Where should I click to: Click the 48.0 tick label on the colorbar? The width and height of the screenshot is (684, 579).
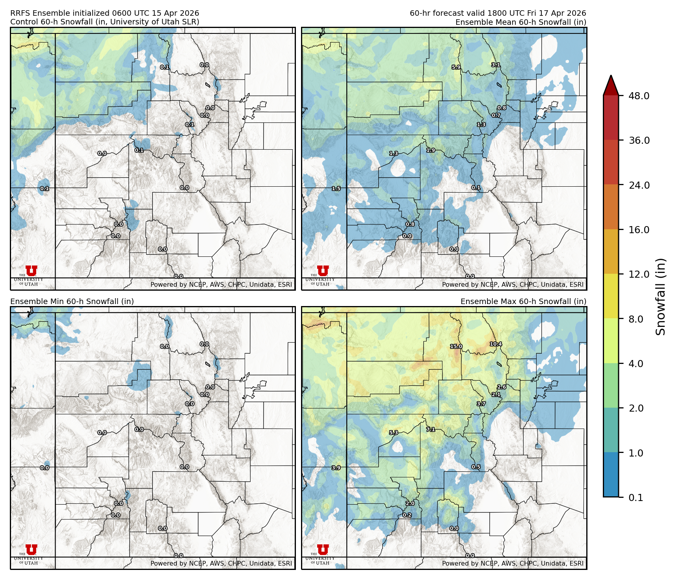pos(639,96)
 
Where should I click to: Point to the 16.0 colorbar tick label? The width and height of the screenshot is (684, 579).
pos(639,230)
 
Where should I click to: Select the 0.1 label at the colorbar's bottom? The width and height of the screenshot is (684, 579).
pos(636,497)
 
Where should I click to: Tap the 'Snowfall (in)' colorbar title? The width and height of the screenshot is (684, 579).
pos(660,296)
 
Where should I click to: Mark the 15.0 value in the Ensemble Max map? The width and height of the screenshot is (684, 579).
pos(456,347)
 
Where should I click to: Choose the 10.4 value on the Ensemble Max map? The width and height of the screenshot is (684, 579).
pos(496,344)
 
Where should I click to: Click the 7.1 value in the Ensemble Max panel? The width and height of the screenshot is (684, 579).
pos(431,429)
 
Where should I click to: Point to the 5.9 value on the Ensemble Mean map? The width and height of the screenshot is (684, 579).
pos(456,67)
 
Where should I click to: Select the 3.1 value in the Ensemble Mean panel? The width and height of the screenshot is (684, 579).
pos(496,65)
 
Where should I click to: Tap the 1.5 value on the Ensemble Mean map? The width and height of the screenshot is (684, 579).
pos(336,189)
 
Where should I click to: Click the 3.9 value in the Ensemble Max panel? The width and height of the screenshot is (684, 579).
pos(336,468)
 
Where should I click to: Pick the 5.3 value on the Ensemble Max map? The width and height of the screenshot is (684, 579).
pos(394,432)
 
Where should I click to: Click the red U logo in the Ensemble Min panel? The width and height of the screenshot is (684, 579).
pos(32,549)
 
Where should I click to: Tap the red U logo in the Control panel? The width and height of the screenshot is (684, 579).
pos(32,271)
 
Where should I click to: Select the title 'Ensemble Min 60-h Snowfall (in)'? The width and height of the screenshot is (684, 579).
pos(72,301)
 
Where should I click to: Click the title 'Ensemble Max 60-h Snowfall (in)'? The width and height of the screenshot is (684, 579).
pos(523,301)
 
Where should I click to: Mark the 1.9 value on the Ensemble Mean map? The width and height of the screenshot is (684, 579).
pos(431,150)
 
